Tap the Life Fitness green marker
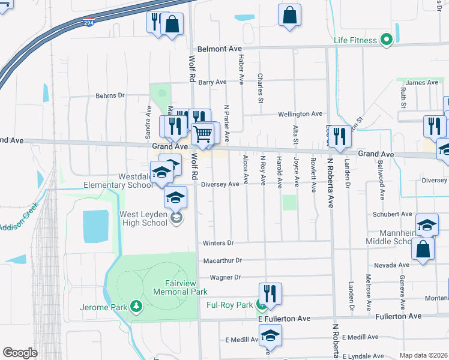387,40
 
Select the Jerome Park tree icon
137,307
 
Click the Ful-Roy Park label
229,305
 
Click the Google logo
20,353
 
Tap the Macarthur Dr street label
222,260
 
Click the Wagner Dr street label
224,277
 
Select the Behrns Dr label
109,95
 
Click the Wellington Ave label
300,113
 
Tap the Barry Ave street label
212,82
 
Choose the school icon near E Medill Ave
270,335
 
